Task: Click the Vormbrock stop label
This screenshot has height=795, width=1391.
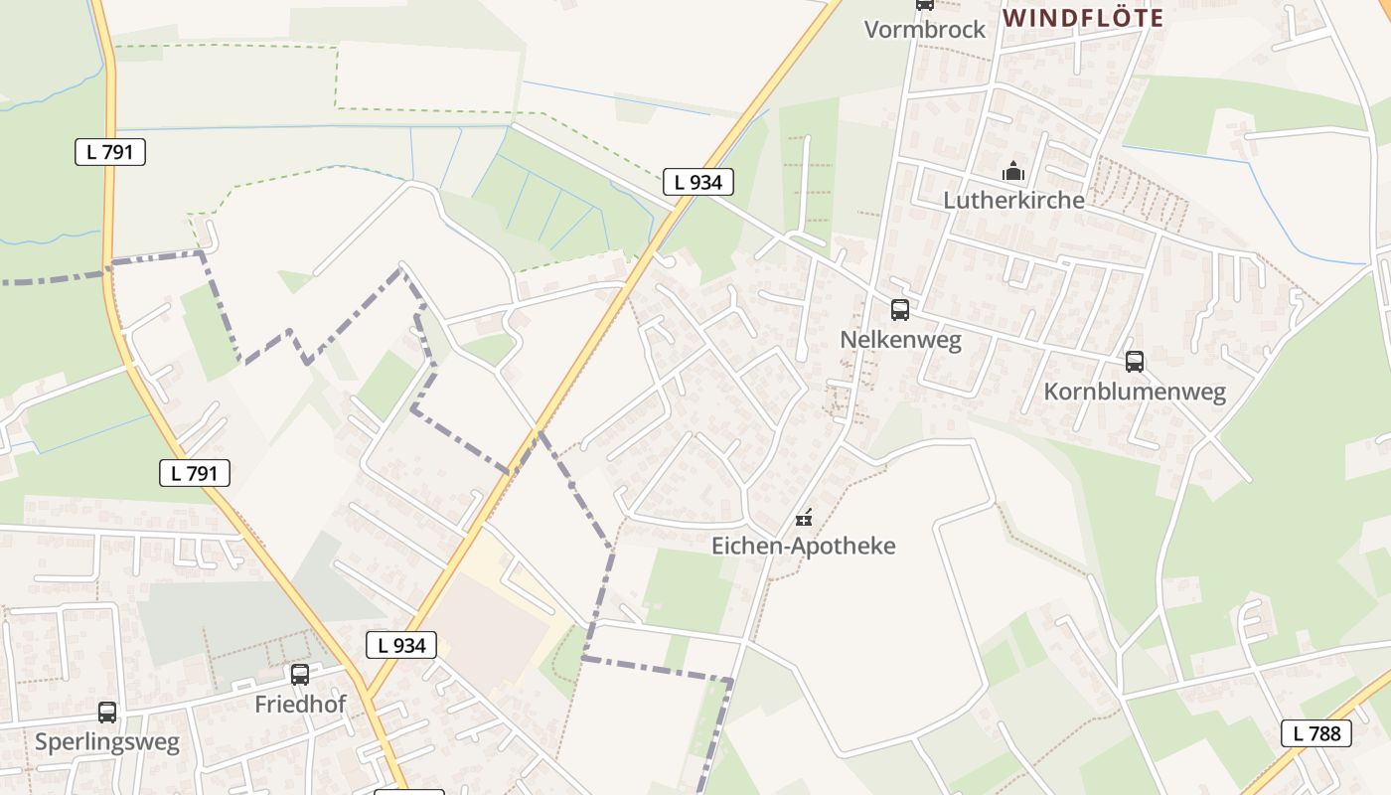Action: [x=924, y=29]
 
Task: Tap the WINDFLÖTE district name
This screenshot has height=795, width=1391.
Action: [x=1082, y=18]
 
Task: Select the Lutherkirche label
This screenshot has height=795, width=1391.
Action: [x=1013, y=200]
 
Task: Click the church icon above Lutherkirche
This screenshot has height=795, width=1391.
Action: [x=1013, y=171]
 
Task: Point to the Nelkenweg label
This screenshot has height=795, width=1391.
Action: [x=900, y=340]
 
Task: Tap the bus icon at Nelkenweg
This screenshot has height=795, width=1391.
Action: [x=900, y=309]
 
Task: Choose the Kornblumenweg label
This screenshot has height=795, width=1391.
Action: [x=1135, y=392]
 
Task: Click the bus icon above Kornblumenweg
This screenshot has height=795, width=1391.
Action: [x=1135, y=362]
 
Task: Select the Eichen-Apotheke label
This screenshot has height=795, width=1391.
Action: [x=804, y=546]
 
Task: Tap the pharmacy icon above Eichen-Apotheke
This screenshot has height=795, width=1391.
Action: [x=805, y=517]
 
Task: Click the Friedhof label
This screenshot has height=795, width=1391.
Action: [x=300, y=705]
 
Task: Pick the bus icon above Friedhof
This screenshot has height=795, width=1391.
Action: [x=300, y=675]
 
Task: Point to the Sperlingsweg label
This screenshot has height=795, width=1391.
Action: [x=107, y=742]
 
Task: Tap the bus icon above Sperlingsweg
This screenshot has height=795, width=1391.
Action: [x=107, y=713]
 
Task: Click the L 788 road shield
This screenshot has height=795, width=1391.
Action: [x=1316, y=734]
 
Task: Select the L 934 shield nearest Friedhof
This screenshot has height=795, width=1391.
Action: [x=401, y=645]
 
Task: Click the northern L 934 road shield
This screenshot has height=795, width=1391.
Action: [x=698, y=182]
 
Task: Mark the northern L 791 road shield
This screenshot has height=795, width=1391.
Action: [x=110, y=152]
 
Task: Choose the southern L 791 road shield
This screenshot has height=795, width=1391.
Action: [x=195, y=473]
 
